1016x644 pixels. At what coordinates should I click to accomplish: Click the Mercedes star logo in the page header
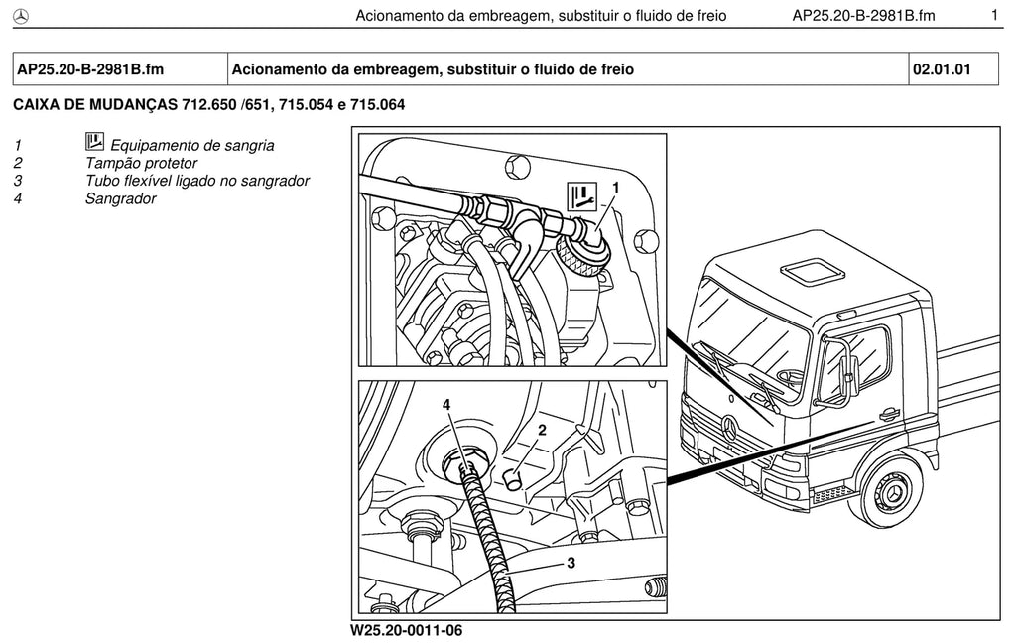pyautogui.click(x=21, y=17)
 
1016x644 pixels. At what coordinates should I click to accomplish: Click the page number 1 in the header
pyautogui.click(x=994, y=15)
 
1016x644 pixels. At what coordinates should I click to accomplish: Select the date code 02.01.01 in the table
pyautogui.click(x=942, y=69)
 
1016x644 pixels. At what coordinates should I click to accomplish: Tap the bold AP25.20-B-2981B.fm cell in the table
pyautogui.click(x=90, y=69)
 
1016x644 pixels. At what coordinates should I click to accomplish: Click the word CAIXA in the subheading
pyautogui.click(x=37, y=104)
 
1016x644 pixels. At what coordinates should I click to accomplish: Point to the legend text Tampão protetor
pyautogui.click(x=141, y=164)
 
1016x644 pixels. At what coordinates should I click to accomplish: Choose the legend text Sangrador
pyautogui.click(x=120, y=198)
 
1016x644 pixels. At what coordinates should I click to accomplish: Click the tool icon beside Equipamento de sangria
pyautogui.click(x=94, y=141)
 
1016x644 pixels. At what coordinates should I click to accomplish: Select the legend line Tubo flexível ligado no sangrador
pyautogui.click(x=197, y=181)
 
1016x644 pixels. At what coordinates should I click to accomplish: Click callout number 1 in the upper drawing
pyautogui.click(x=616, y=188)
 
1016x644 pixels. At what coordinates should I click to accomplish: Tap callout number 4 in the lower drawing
pyautogui.click(x=446, y=405)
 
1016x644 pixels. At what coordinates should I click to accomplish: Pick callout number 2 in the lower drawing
pyautogui.click(x=543, y=430)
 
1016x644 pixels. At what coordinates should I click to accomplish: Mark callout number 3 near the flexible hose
pyautogui.click(x=571, y=563)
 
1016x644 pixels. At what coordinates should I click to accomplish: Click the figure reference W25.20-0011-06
pyautogui.click(x=407, y=630)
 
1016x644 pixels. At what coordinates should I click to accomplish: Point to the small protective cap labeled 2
pyautogui.click(x=513, y=480)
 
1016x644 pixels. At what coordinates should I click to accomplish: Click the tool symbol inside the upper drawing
pyautogui.click(x=581, y=196)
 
